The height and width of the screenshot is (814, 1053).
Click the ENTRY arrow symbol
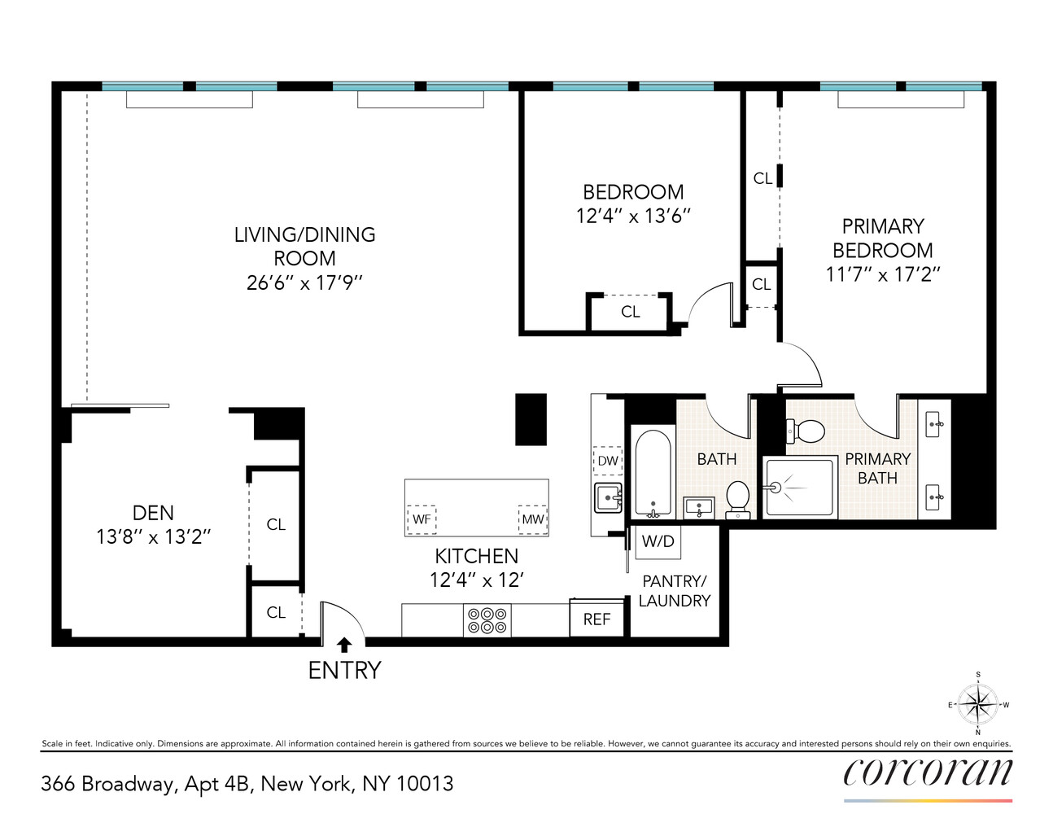tap(344, 645)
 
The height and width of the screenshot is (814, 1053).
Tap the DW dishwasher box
tap(608, 461)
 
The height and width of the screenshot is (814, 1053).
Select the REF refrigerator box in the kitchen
tap(596, 619)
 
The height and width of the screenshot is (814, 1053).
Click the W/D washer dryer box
tap(658, 542)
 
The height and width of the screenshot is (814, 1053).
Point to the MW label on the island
tap(533, 519)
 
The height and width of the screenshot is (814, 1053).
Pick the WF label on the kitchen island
tap(422, 519)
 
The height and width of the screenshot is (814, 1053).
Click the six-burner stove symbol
tap(487, 621)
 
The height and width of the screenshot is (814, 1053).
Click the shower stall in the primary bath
tap(800, 488)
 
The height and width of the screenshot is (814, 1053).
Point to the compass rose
tap(977, 704)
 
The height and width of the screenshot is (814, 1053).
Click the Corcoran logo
tap(928, 772)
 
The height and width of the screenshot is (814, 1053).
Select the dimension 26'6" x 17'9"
tap(304, 282)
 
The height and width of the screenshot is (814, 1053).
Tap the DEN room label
tap(153, 513)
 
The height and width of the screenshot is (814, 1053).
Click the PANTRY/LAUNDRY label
tap(675, 591)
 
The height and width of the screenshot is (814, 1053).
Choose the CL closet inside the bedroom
tap(630, 312)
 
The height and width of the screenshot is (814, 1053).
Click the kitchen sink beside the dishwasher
tap(608, 497)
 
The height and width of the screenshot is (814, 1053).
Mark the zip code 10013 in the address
tap(425, 784)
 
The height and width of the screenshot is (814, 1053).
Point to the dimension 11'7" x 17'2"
tap(883, 274)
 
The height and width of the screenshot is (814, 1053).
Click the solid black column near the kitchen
tap(531, 419)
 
